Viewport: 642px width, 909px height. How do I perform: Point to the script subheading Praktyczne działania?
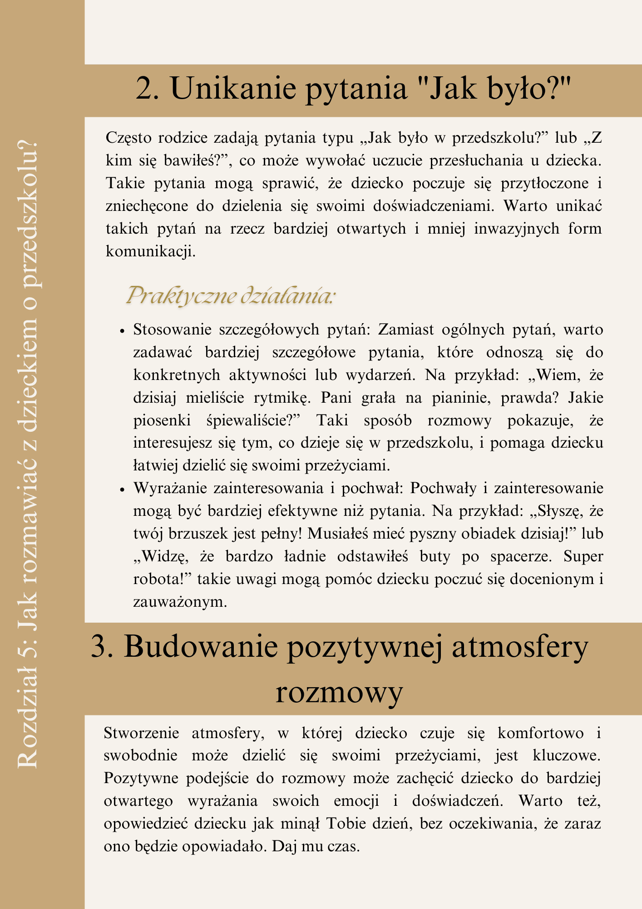tap(231, 296)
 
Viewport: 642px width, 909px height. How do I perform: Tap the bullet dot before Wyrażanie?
tap(122, 490)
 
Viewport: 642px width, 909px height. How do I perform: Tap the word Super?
tap(583, 556)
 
